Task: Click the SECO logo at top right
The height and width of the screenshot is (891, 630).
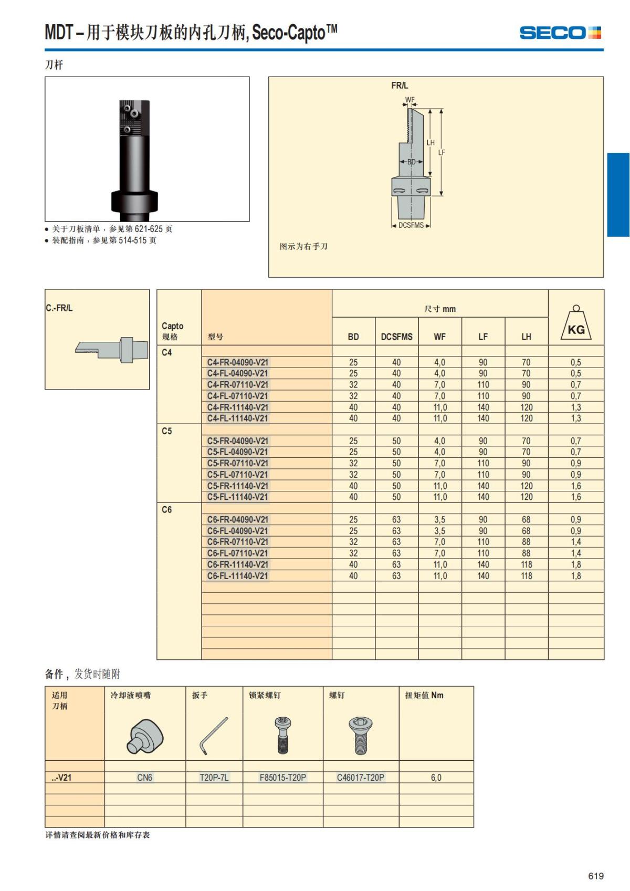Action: pos(560,33)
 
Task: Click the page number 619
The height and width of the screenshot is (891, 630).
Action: pos(596,876)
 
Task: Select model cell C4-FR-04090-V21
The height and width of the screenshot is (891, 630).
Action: pos(237,362)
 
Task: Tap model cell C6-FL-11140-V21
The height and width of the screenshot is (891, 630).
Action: pos(237,576)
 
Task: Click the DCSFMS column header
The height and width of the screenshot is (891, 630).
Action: pos(396,337)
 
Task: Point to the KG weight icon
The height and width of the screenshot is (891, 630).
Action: pos(576,324)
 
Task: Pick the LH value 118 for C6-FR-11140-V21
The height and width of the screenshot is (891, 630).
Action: pos(526,564)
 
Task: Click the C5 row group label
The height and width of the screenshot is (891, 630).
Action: pos(167,431)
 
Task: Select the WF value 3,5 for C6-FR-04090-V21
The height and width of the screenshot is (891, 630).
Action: pos(439,520)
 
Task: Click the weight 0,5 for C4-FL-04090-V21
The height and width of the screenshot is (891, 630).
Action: pos(576,373)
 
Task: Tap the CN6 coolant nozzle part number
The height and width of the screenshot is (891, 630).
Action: pos(144,778)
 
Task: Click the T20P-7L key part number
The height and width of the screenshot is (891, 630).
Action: pos(214,778)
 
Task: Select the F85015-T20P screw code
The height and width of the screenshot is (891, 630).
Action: pos(282,778)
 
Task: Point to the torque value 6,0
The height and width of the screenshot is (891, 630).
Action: pos(436,778)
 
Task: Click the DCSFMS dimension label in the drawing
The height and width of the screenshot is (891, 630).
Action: pos(411,225)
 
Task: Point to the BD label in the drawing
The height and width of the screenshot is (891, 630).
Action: pos(412,162)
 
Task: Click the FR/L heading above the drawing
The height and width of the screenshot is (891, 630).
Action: pos(399,86)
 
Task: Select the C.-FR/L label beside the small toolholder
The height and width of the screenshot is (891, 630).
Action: pos(59,308)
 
